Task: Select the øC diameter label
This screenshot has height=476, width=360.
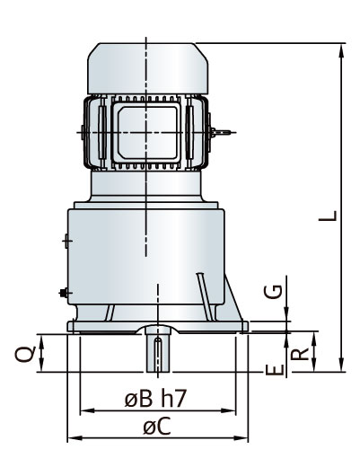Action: tap(158, 427)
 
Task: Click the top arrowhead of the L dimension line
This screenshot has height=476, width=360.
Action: tap(342, 50)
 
